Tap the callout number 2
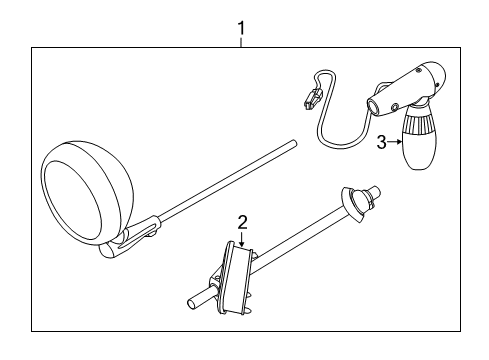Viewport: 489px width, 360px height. [241, 222]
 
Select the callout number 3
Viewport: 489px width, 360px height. [381, 143]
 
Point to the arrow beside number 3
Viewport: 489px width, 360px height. [395, 143]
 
